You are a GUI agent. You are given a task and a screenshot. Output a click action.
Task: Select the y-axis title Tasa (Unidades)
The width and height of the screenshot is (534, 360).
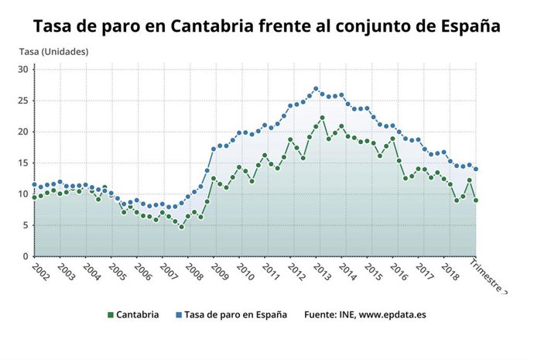click(53, 52)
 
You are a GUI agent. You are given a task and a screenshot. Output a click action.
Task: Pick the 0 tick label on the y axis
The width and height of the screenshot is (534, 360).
click(25, 256)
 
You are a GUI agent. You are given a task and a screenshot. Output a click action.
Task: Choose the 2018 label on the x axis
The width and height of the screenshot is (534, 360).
click(447, 273)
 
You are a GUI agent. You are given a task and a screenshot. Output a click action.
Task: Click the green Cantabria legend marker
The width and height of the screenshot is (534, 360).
click(110, 315)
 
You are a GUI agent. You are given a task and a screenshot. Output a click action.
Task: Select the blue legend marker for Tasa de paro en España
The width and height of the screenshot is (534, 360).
click(177, 315)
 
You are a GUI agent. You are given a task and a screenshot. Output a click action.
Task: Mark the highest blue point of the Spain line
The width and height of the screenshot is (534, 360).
click(316, 89)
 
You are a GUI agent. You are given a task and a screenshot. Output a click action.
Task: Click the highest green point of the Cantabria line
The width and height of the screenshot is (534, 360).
click(322, 118)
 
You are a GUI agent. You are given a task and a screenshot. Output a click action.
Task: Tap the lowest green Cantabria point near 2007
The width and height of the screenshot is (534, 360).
click(181, 227)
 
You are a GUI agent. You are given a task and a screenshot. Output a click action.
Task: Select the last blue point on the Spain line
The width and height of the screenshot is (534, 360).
click(475, 169)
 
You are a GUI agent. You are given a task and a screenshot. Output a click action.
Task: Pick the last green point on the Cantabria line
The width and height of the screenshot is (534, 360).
click(475, 201)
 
